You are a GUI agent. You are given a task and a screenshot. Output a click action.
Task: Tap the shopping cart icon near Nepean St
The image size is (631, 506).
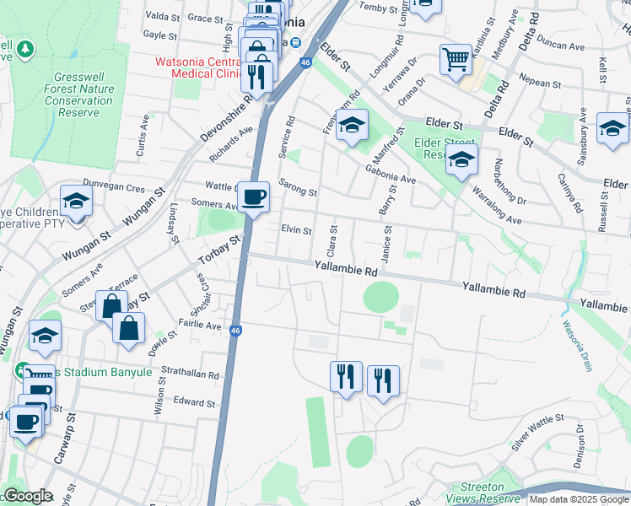coord(456,60)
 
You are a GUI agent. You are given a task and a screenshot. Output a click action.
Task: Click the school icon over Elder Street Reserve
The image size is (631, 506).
coord(461,159)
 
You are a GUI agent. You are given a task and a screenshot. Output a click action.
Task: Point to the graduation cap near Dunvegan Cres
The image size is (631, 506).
coord(76,202)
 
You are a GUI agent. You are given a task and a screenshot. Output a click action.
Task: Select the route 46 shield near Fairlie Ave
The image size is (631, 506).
coord(236,331)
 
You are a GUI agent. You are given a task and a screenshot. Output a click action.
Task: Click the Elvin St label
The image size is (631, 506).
coord(297,229)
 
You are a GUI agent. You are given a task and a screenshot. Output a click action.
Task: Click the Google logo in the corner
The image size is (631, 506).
coord(27,496)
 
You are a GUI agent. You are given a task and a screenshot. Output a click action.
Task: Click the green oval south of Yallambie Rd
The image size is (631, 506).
coord(381,297)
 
